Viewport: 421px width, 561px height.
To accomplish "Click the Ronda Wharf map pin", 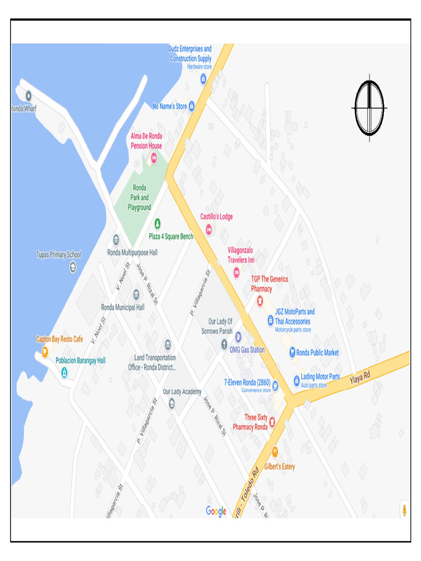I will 29,96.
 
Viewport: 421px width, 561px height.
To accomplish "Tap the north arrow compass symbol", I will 369,108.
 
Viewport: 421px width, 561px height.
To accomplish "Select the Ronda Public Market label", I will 317,353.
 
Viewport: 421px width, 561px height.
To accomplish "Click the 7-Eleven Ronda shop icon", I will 275,386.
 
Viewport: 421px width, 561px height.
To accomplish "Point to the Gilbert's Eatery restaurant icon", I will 275,452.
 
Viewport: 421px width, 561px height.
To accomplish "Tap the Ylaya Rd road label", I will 360,377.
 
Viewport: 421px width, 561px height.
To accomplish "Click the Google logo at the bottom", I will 216,511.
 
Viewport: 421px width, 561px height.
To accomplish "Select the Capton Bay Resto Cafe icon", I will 45,352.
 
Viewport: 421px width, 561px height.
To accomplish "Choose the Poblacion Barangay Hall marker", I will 64,373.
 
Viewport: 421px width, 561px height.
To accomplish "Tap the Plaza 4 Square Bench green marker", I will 157,224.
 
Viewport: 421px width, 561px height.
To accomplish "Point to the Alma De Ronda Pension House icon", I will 154,158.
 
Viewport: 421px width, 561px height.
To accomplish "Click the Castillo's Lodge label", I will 216,217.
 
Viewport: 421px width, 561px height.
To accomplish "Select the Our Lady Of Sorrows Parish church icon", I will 224,345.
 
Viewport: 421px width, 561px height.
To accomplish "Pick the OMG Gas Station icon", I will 238,337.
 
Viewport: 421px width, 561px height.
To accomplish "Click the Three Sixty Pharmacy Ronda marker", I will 272,421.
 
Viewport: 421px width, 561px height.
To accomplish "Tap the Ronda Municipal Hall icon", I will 136,295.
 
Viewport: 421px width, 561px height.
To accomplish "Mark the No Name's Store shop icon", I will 191,106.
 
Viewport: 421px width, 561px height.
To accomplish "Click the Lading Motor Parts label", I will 320,377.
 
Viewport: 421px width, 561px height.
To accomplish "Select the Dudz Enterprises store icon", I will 203,79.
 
